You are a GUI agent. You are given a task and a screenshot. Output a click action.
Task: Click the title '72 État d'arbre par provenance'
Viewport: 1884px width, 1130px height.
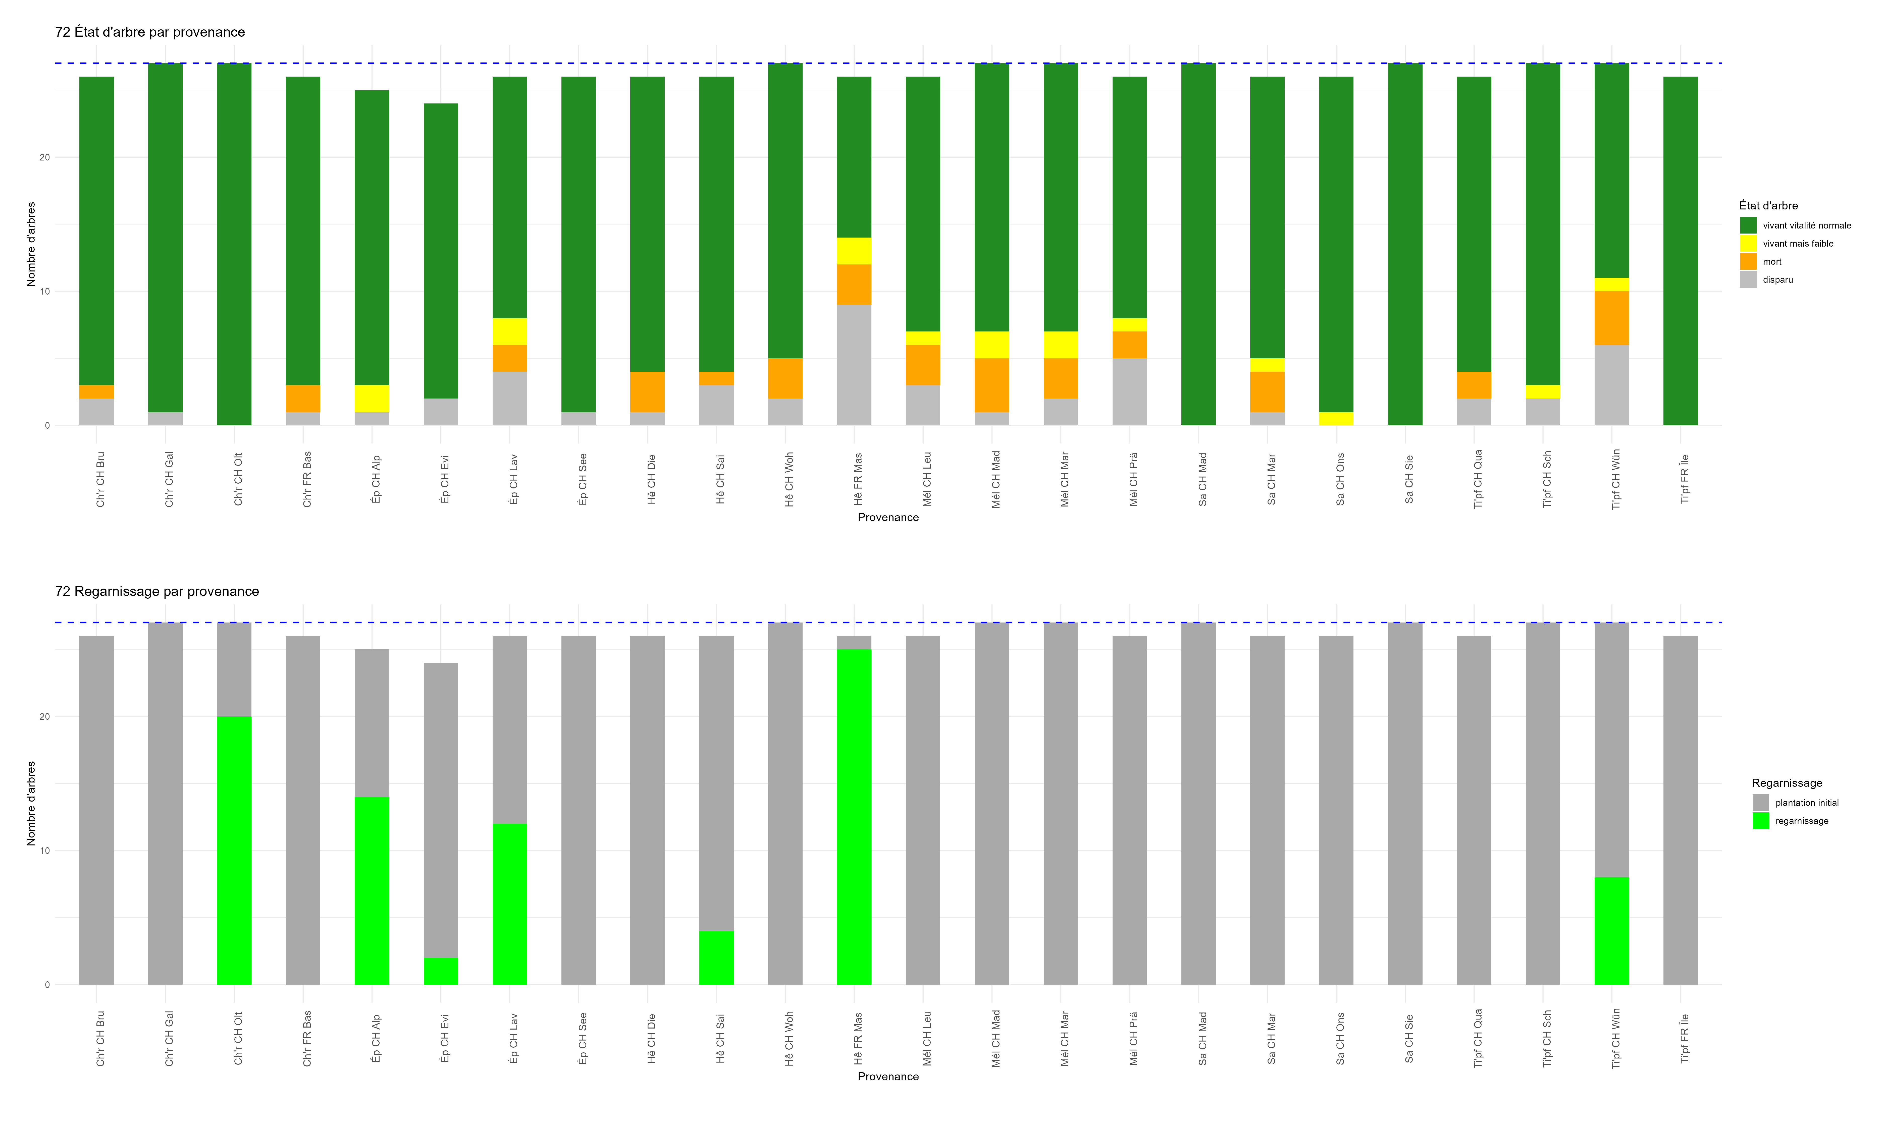pyautogui.click(x=150, y=32)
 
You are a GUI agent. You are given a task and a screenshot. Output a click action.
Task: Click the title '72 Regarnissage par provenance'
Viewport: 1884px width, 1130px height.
pyautogui.click(x=157, y=592)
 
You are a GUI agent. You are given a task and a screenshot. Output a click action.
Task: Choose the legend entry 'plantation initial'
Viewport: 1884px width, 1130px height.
pyautogui.click(x=1806, y=803)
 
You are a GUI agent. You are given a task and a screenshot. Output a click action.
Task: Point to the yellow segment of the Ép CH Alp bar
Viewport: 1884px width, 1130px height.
pyautogui.click(x=372, y=398)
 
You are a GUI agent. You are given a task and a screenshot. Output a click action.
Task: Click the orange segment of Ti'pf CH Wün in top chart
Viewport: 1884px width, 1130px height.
pyautogui.click(x=1611, y=318)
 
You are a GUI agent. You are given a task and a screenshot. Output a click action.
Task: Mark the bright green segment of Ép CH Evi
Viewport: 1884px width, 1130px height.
pyautogui.click(x=441, y=971)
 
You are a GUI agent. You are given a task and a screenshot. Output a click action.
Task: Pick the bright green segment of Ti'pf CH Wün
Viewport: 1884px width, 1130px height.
pyautogui.click(x=1611, y=931)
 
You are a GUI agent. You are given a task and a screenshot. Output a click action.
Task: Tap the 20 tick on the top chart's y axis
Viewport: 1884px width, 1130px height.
pyautogui.click(x=45, y=158)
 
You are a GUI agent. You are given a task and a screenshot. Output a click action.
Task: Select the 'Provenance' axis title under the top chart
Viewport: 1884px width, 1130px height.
pyautogui.click(x=888, y=517)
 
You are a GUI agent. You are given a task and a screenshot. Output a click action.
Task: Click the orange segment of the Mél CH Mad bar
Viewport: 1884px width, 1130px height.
pyautogui.click(x=991, y=385)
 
